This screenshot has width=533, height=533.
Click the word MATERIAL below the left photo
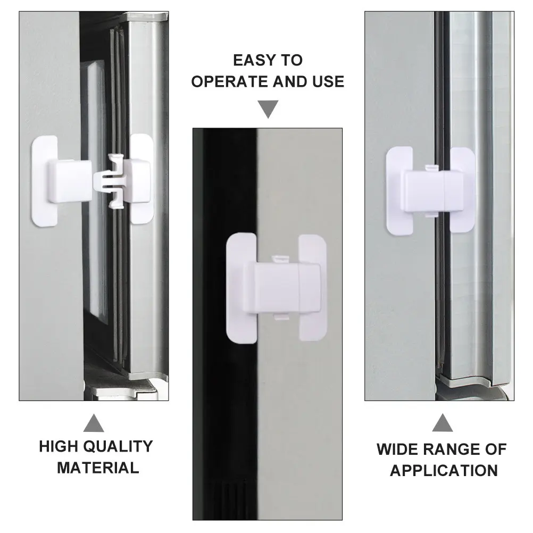[x=98, y=468]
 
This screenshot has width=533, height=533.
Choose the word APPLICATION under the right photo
[x=444, y=471]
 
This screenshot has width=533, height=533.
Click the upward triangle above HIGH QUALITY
[x=94, y=423]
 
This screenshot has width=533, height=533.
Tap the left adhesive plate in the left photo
[x=44, y=181]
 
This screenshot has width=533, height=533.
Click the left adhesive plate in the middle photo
[x=240, y=288]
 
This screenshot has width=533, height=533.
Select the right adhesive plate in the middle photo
[x=313, y=288]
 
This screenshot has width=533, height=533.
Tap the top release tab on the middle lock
[x=281, y=259]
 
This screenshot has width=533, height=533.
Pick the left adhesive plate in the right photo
[x=399, y=190]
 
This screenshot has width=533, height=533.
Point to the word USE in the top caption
[x=329, y=81]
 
